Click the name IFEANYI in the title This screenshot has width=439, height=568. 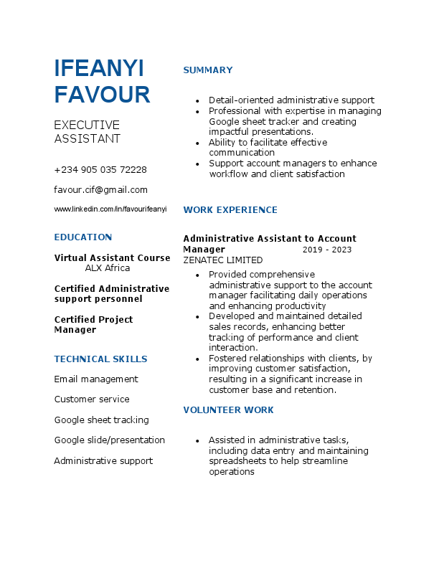99,68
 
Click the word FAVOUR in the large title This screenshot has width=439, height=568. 102,95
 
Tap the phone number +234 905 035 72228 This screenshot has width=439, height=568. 100,170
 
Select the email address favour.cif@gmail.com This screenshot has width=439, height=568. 100,190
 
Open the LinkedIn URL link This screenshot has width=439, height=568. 110,209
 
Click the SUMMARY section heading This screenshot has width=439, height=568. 208,70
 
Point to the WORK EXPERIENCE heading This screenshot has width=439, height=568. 230,210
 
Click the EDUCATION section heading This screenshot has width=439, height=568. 83,237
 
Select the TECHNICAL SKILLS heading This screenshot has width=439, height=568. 100,359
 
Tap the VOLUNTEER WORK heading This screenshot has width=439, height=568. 228,410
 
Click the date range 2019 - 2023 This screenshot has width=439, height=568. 327,250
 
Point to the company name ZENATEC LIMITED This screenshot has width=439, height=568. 223,260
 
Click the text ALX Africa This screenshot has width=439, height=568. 108,268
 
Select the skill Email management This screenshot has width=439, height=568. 96,379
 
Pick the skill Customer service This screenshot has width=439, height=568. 92,399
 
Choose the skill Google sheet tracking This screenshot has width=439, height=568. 101,420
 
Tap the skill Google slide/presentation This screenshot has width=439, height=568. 109,440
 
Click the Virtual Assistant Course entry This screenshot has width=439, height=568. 112,258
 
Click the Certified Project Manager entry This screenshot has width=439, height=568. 93,324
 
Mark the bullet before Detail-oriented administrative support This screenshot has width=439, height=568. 197,101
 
